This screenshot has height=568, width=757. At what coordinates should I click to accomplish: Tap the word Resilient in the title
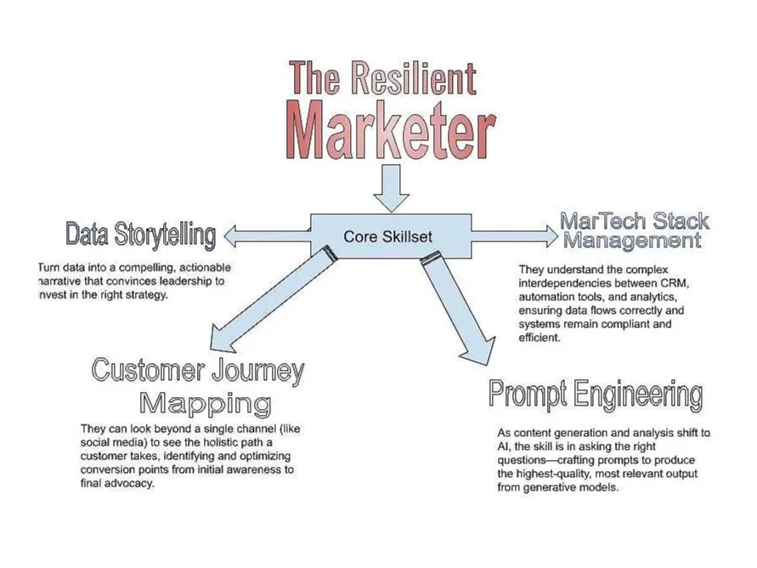[x=413, y=79]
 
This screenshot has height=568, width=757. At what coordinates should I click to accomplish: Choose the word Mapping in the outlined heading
[x=206, y=402]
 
